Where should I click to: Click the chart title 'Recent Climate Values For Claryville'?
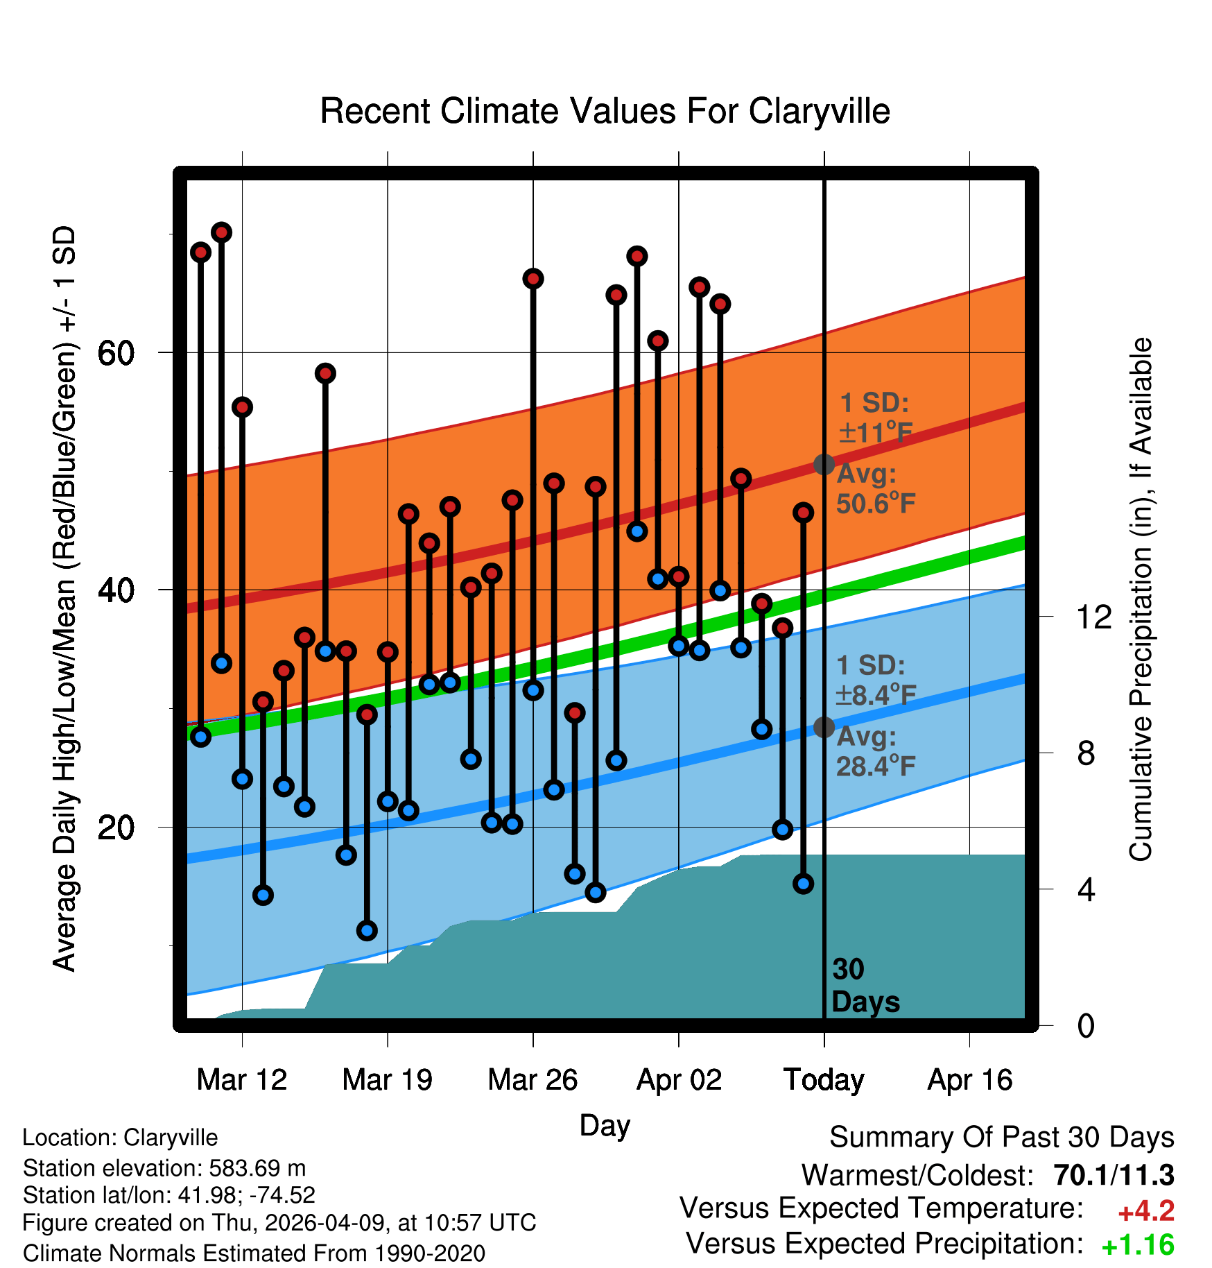click(605, 111)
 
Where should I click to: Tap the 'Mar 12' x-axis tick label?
click(242, 1079)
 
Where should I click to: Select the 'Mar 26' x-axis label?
click(533, 1079)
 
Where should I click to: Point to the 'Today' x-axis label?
click(824, 1081)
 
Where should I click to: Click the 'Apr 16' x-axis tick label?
click(970, 1081)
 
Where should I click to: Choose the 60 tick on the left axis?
click(116, 353)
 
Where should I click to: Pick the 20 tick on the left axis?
click(116, 827)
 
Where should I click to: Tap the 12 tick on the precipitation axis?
click(1094, 617)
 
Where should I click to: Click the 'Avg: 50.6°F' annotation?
click(876, 489)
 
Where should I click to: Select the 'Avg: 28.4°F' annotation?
click(876, 751)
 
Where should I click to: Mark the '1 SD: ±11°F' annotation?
click(875, 418)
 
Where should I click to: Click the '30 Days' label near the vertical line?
click(865, 986)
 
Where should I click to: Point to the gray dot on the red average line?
click(824, 464)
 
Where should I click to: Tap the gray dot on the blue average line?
click(824, 727)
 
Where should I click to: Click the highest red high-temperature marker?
click(221, 232)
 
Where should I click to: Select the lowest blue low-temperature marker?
click(367, 930)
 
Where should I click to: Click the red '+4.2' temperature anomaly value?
click(1146, 1212)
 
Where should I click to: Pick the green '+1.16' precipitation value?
click(1138, 1245)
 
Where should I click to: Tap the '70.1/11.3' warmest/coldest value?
click(1114, 1176)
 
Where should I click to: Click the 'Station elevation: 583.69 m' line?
click(164, 1168)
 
